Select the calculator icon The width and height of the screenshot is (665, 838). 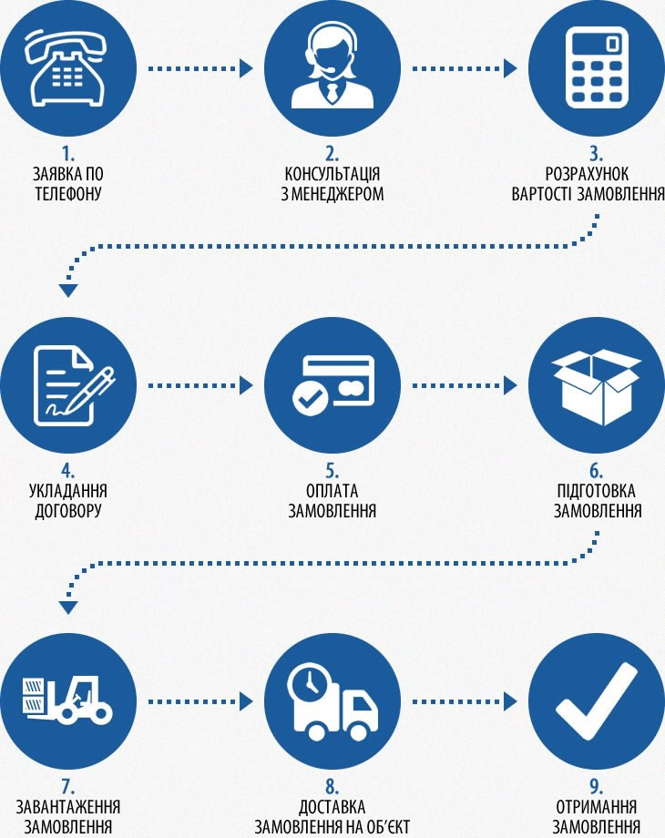pos(597,68)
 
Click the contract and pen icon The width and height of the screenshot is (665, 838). pos(73,386)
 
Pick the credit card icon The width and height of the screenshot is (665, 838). pos(333,386)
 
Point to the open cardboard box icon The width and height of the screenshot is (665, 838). pos(597,387)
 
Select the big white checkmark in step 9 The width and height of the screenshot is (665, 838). pos(597,701)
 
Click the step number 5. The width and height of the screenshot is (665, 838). pos(332,471)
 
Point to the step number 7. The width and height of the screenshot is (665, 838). pos(67,787)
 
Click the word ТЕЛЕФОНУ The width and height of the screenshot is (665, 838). pos(68,193)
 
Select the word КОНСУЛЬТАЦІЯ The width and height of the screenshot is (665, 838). pos(332,174)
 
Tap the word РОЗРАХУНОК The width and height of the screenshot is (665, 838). pos(587,174)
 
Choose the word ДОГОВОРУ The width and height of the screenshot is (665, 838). pos(68,510)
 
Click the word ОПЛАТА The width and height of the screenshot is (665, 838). pos(332,491)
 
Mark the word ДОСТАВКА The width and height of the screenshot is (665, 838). pos(332,807)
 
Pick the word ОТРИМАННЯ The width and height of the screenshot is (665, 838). pos(596,807)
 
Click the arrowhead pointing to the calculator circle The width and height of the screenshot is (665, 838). pos(510,68)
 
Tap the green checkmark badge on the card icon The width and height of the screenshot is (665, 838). pos(310,399)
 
